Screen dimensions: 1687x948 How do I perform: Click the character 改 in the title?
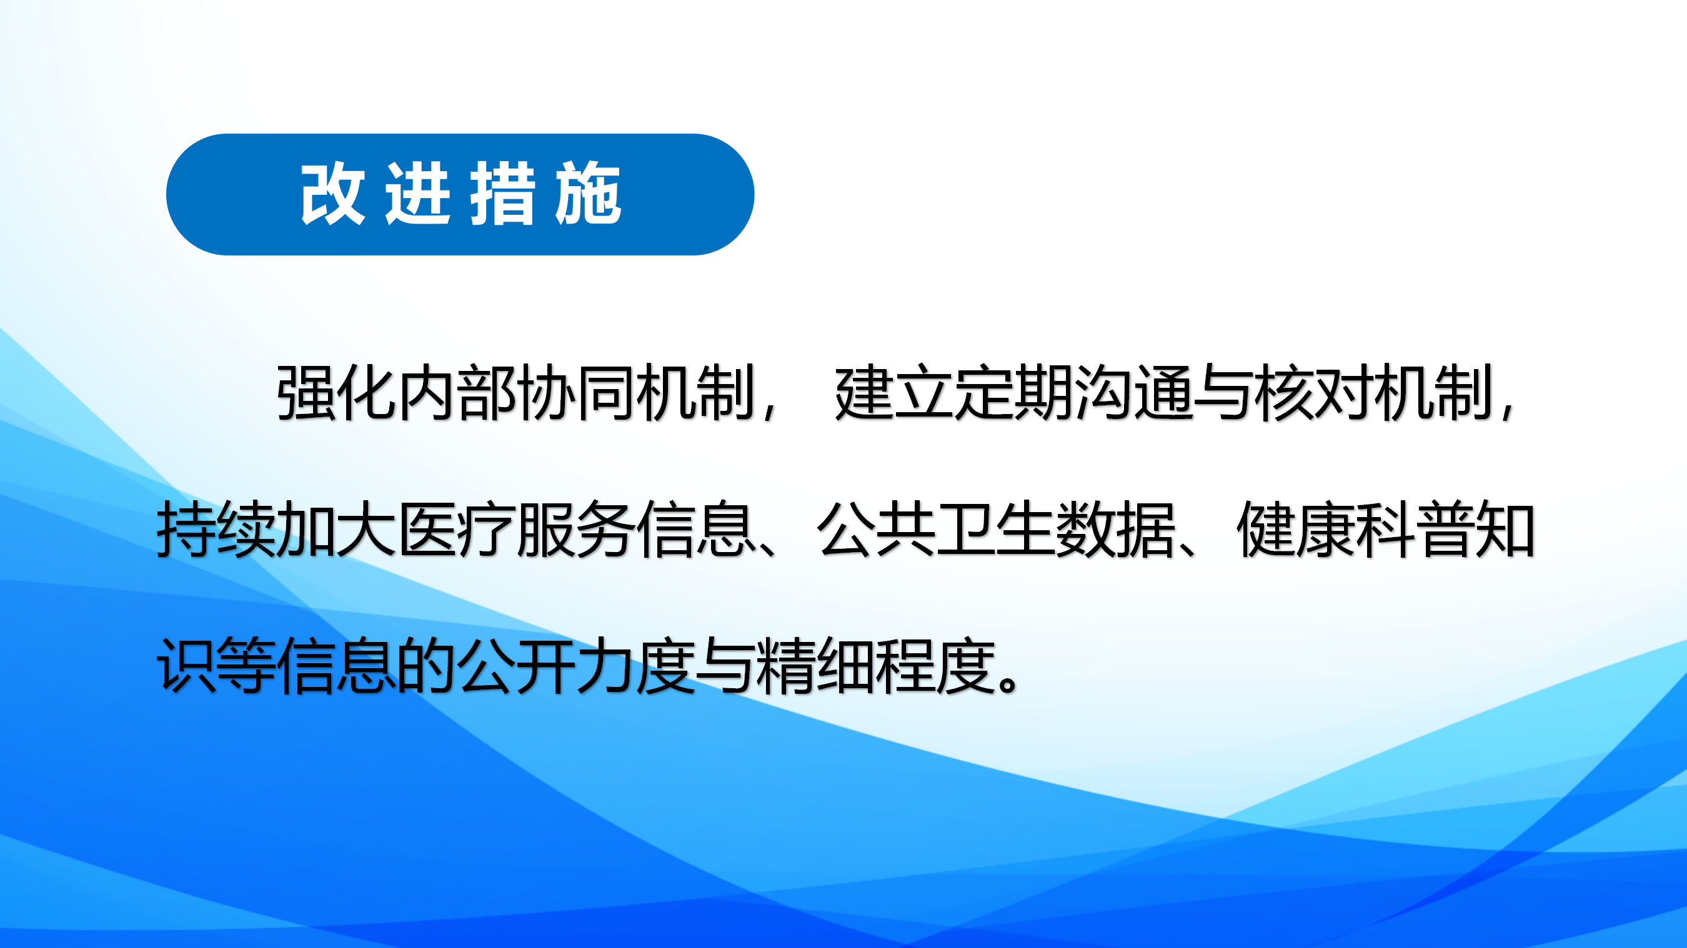[x=332, y=194]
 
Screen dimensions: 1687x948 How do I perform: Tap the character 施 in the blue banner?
[x=588, y=194]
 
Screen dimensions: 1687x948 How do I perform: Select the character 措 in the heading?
[x=503, y=194]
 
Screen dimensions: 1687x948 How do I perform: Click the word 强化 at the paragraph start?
[x=336, y=393]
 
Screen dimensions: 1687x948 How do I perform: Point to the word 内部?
[x=457, y=393]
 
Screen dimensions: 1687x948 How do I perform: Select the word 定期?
[x=1013, y=393]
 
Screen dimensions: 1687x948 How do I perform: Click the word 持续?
[x=216, y=529]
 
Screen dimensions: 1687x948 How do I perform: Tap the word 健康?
[x=1296, y=529]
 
